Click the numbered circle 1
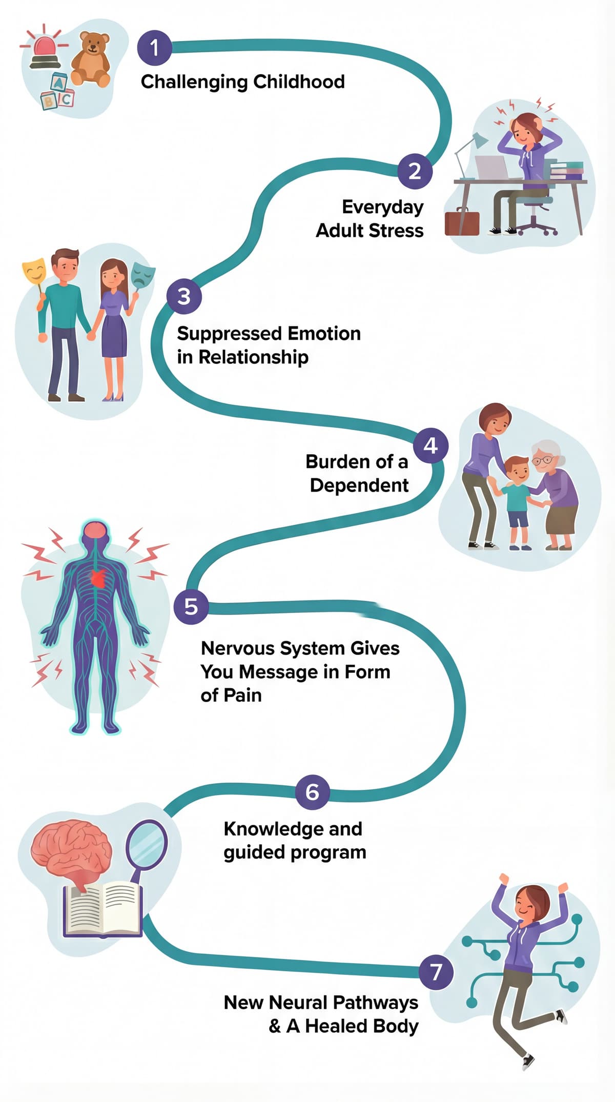[154, 48]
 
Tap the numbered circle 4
[430, 445]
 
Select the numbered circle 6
[312, 792]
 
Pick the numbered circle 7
[436, 972]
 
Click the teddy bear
[91, 57]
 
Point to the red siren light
[45, 48]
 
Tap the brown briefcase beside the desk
[462, 223]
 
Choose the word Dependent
[359, 485]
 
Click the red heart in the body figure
[99, 578]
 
